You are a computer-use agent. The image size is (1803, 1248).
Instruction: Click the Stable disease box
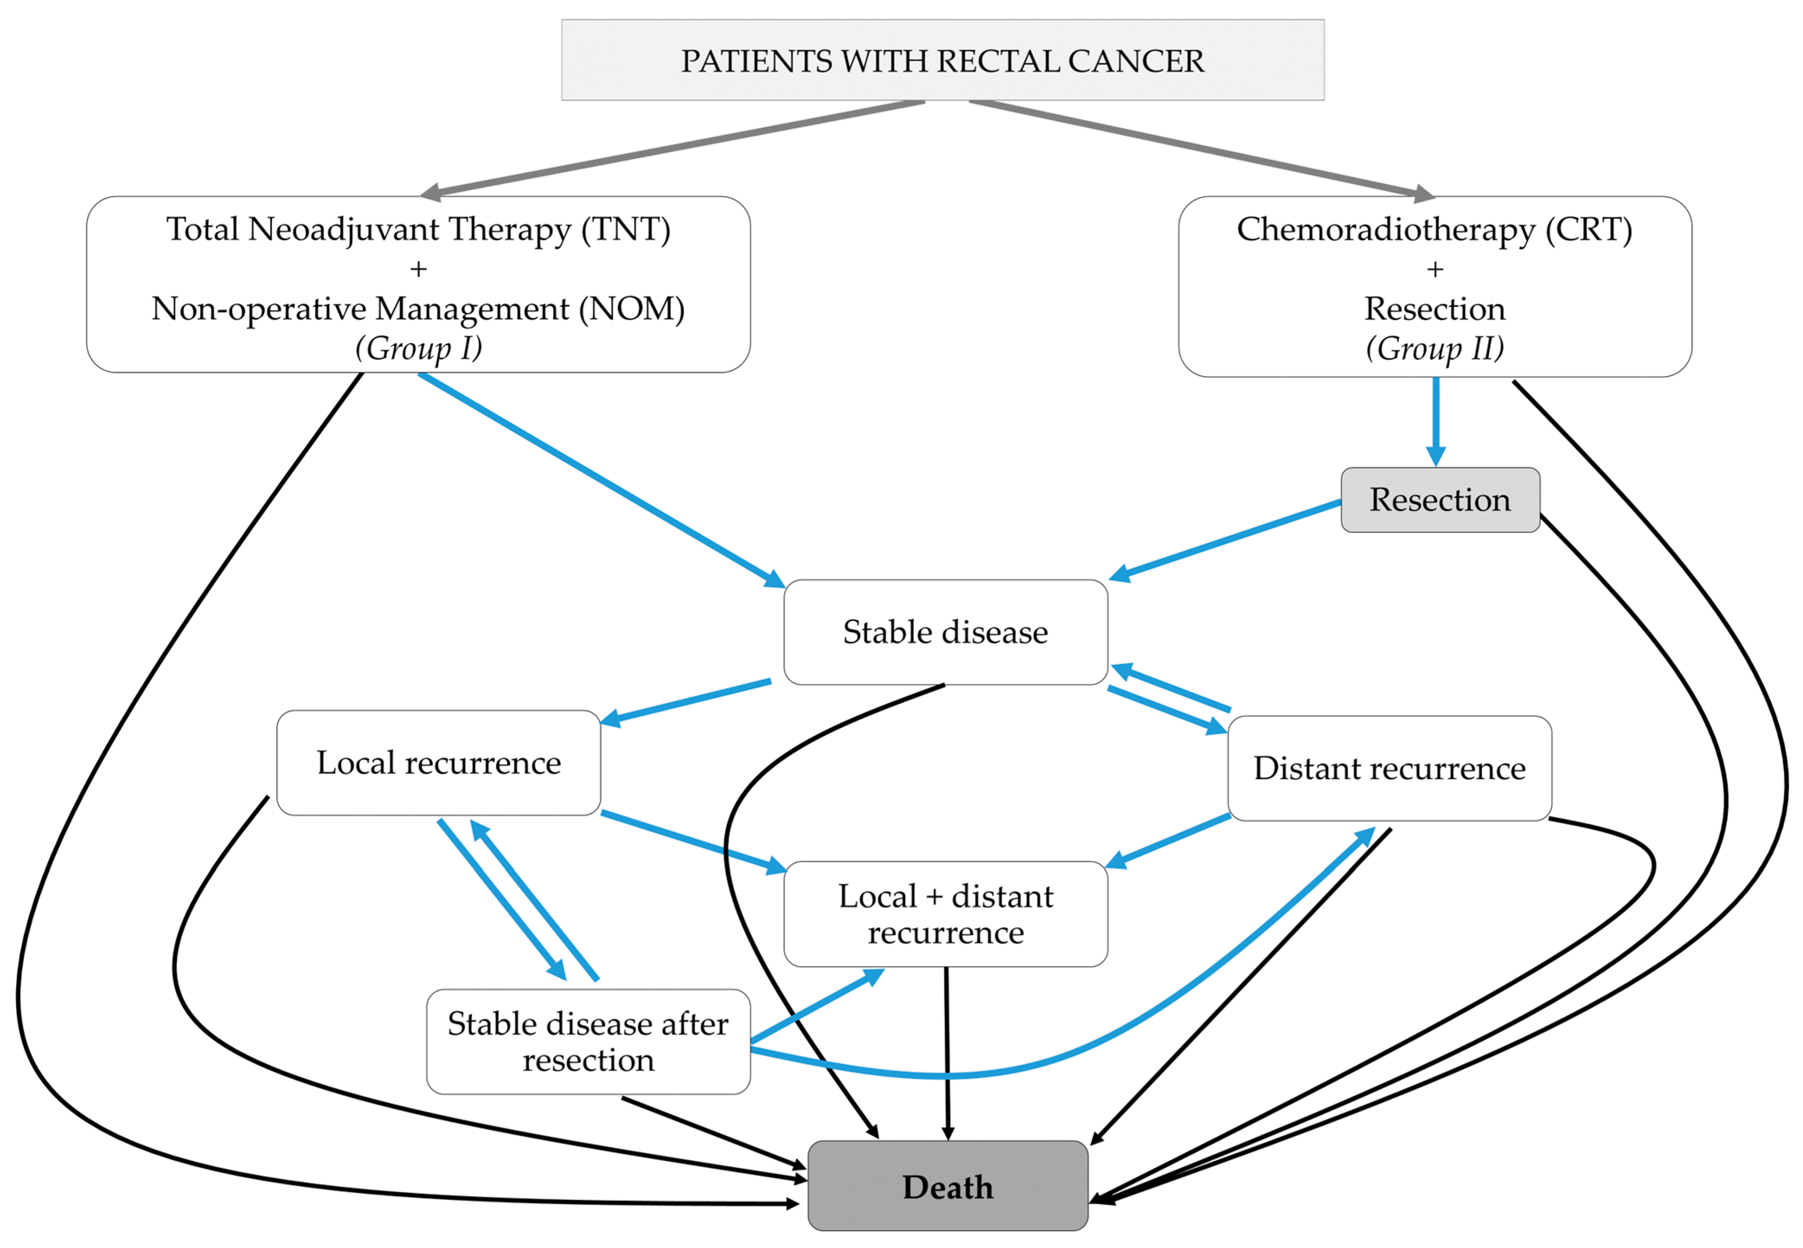(945, 632)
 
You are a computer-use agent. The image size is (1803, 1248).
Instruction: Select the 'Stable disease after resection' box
(588, 1041)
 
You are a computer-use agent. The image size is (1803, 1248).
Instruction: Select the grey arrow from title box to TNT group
(673, 148)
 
